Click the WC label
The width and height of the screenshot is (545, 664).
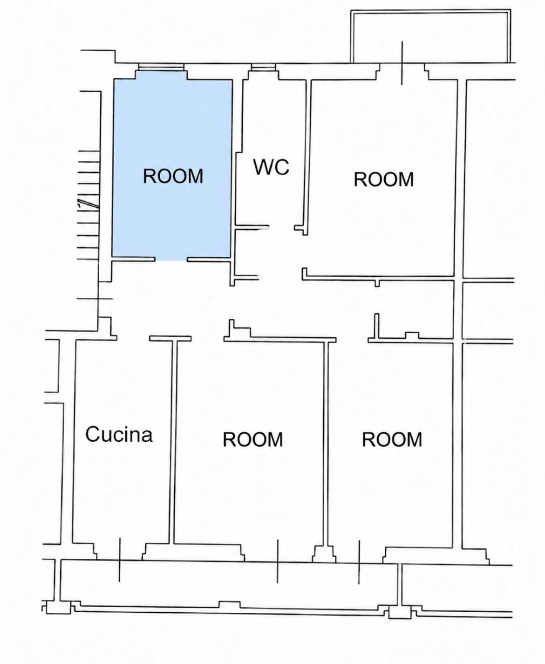coord(271,167)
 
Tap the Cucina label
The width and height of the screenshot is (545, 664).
coord(119,434)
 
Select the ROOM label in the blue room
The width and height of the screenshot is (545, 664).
coord(173,176)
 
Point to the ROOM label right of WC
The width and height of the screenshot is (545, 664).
coord(383,179)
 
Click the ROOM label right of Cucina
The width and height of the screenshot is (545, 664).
coord(253,439)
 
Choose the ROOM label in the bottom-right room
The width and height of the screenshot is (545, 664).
coord(392,439)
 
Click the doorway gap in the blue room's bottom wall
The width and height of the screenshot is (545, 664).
coord(171,260)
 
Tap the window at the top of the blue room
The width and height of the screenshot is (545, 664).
coord(162,67)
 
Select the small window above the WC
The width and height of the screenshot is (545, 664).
coord(263,67)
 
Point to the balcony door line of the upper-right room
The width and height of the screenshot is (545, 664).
coord(402,63)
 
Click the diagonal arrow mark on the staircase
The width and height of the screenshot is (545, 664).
coord(89,203)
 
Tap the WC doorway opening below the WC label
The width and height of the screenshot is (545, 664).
coord(282,226)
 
